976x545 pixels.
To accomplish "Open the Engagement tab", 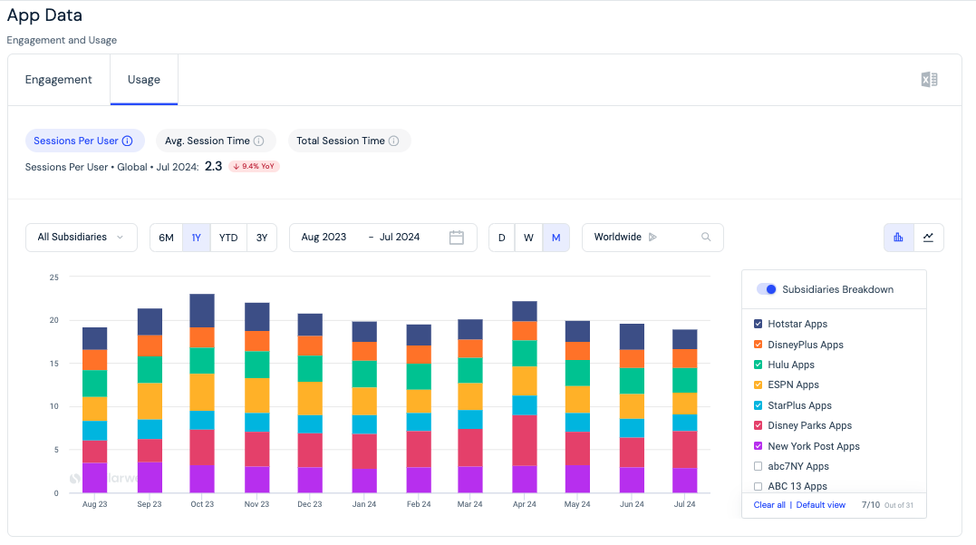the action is click(x=59, y=80).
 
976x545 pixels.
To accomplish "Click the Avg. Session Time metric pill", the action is click(x=214, y=141).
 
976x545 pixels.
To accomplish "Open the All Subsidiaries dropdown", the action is click(x=81, y=238).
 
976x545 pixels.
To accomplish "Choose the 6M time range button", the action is click(x=166, y=238).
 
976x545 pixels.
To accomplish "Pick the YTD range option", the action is click(x=228, y=238).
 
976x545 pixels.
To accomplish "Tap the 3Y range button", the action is click(x=262, y=238).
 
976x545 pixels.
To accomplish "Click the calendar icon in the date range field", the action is click(x=456, y=238).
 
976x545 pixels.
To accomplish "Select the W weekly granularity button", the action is click(x=528, y=238).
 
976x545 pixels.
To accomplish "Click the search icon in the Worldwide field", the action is click(x=706, y=237).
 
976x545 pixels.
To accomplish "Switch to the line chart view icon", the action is click(x=928, y=238).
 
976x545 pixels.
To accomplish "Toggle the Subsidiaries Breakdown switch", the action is click(x=767, y=289).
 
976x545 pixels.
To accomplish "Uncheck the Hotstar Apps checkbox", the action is click(x=759, y=324).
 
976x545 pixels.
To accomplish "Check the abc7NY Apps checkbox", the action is click(x=759, y=466).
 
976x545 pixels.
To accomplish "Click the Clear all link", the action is click(x=769, y=504).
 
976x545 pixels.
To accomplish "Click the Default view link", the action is click(x=820, y=504).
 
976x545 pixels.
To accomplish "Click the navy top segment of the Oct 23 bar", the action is click(x=202, y=311).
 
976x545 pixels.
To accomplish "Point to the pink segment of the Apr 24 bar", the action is click(x=525, y=441).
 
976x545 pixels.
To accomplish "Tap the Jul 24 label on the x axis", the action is click(x=685, y=504).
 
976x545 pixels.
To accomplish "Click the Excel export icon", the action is click(x=929, y=80).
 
